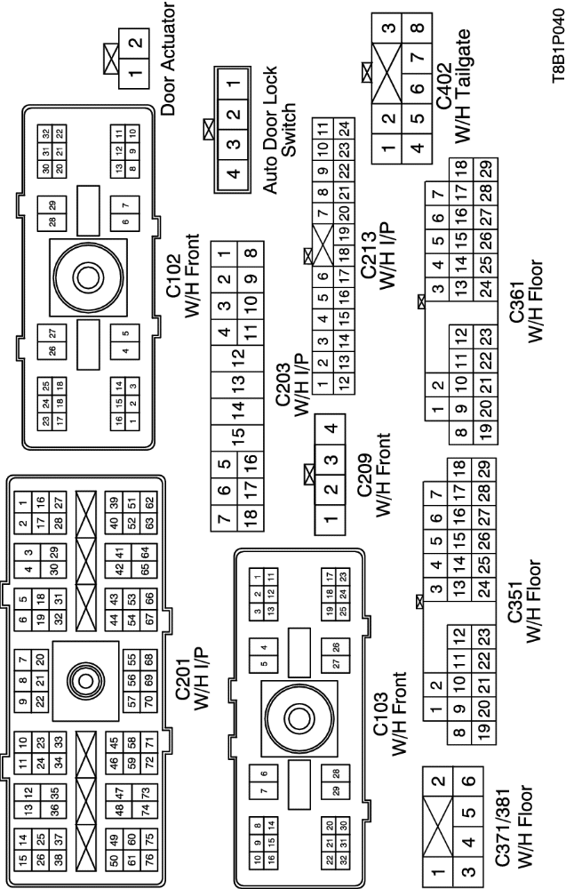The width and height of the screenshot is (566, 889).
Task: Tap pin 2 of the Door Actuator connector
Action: pyautogui.click(x=134, y=44)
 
